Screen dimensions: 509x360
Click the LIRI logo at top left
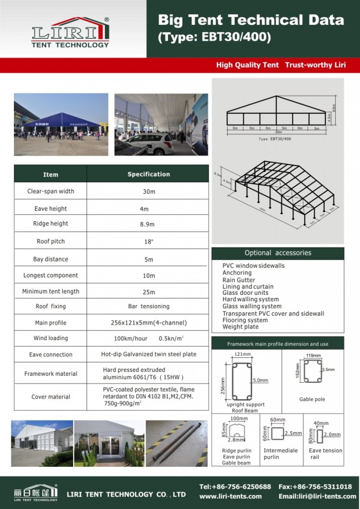[x=70, y=32]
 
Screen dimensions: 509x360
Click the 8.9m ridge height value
[x=147, y=224]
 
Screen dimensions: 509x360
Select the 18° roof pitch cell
[x=147, y=242]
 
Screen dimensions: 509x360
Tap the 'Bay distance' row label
[x=51, y=259]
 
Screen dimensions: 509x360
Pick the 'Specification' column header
[x=149, y=174]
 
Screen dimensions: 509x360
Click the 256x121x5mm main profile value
[x=149, y=323]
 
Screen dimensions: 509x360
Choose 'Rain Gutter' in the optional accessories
[x=239, y=280]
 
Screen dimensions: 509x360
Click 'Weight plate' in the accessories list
[x=240, y=327]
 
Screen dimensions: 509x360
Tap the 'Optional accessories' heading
[x=277, y=253]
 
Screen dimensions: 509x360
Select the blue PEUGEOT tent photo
[x=61, y=124]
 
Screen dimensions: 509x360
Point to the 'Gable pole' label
[x=312, y=399]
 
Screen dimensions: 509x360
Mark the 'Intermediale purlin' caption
[x=281, y=454]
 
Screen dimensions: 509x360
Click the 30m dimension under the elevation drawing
[x=278, y=132]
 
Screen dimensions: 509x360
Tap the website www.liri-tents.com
[x=230, y=496]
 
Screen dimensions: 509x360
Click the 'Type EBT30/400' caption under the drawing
[x=275, y=139]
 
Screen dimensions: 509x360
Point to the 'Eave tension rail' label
[x=325, y=454]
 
